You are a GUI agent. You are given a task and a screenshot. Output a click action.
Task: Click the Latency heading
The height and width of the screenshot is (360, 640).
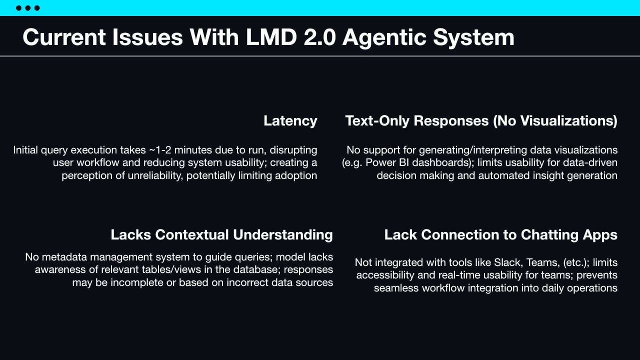(290, 121)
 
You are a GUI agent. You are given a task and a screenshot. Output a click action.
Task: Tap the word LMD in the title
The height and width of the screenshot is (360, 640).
(271, 37)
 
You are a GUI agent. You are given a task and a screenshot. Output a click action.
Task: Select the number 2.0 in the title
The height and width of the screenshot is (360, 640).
(319, 37)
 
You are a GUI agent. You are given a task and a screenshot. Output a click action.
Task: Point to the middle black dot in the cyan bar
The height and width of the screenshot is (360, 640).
(27, 8)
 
